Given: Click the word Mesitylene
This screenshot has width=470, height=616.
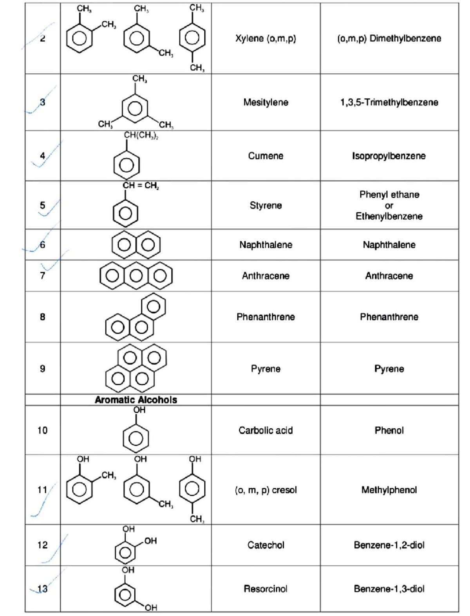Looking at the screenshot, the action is [x=266, y=103].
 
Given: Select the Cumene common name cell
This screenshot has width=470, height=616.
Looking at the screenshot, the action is [x=266, y=156].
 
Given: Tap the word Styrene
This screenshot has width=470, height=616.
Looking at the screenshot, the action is [x=266, y=205].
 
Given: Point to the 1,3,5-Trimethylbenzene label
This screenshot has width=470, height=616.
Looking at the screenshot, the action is [x=389, y=103].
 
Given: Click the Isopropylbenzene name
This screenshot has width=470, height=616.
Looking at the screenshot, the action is [x=389, y=156].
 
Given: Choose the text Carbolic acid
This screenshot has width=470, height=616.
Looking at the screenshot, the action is [x=266, y=430].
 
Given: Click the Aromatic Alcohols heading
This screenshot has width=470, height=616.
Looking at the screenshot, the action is [x=136, y=400].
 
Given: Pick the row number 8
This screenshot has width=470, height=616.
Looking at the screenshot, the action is [x=42, y=317].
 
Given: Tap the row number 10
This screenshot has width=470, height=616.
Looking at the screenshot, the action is [x=42, y=430].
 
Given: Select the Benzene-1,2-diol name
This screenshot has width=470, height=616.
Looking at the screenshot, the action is [x=389, y=545].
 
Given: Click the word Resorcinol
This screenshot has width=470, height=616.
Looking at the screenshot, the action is [x=266, y=589].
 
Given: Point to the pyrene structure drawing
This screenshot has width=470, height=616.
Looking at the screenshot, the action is [x=136, y=368].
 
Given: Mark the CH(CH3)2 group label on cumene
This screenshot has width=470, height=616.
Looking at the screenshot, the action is [x=141, y=135].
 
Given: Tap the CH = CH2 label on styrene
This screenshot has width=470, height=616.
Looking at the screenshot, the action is [x=141, y=186].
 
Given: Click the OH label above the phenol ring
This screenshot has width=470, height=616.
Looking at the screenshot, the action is [x=139, y=410].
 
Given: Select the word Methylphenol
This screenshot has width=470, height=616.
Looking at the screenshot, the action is [x=389, y=490].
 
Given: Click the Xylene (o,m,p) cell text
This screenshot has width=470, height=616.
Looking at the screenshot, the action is [x=266, y=38].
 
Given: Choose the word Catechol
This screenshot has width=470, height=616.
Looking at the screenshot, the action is [x=266, y=545].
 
